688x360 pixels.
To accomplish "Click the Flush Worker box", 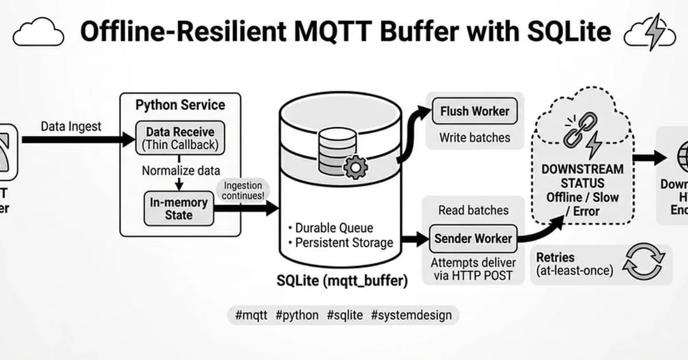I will pos(474,111).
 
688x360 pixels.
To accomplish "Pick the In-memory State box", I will pos(178,209).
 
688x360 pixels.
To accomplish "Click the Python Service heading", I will pos(180,105).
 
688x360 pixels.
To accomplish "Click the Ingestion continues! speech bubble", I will pos(243,190).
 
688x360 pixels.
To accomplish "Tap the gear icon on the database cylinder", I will pos(355,166).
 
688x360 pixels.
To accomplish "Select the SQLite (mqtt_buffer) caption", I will pos(342,281).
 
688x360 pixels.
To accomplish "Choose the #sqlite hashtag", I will pos(345,315).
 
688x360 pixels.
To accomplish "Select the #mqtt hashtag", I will pos(251,315).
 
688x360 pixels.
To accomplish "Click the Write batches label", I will pos(474,138).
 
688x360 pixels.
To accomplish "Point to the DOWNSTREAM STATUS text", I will pos(583,177).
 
